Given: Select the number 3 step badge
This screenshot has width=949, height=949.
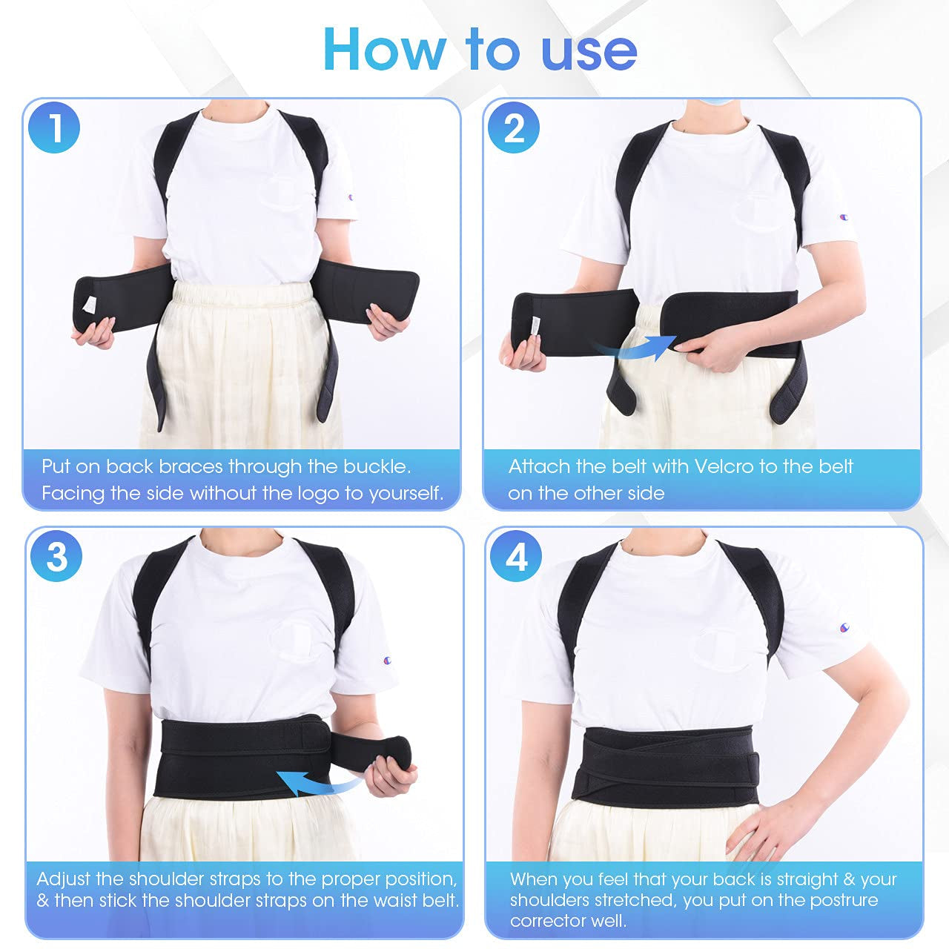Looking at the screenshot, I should click(x=56, y=556).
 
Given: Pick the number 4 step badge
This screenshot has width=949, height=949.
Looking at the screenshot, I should click(x=516, y=556).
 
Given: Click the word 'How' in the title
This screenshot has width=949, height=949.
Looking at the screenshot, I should click(x=384, y=50).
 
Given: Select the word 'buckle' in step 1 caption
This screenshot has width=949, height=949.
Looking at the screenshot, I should click(x=376, y=466).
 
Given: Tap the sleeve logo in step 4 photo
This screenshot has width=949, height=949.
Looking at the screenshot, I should click(x=844, y=628).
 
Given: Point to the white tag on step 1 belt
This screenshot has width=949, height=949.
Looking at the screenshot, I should click(x=89, y=304).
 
